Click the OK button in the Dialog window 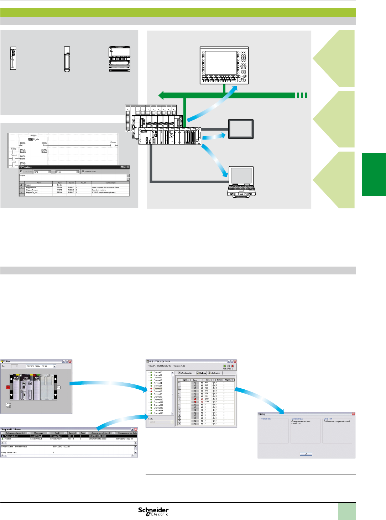coord(306,453)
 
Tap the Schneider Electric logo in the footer coord(153,511)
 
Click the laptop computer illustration coord(241,182)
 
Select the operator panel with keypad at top coord(224,65)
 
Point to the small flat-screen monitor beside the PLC coord(241,129)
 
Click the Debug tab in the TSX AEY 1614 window coord(202,373)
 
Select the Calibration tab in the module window coord(215,373)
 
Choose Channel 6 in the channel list coord(157,389)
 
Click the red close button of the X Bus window coord(70,361)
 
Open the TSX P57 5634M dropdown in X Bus coord(54,366)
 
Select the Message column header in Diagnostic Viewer coord(38,433)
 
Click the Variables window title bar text coord(27,167)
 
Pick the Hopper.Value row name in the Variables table coord(31,188)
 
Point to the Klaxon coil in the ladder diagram coord(113,145)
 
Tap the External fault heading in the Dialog coord(297,419)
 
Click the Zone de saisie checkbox coord(83,172)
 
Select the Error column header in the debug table coord(195,380)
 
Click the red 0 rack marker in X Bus coord(8,387)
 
